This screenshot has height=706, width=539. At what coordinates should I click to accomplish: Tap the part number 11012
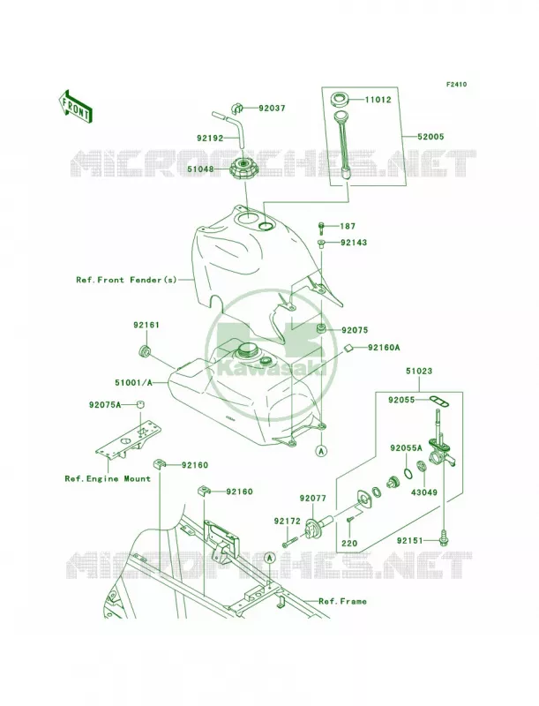(x=378, y=100)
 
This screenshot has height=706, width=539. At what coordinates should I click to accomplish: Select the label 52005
(x=430, y=136)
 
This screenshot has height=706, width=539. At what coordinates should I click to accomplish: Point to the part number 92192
(x=210, y=138)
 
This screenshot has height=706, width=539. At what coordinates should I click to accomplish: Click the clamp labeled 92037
(x=237, y=108)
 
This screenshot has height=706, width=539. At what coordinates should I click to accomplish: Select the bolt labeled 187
(x=322, y=228)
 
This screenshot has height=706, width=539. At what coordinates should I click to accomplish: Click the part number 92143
(x=354, y=242)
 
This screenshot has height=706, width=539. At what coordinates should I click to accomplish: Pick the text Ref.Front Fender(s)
(x=126, y=280)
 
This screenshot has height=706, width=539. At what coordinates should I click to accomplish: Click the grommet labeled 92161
(x=145, y=349)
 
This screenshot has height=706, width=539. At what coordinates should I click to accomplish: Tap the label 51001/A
(x=133, y=383)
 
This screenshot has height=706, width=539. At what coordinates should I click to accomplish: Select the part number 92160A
(x=384, y=347)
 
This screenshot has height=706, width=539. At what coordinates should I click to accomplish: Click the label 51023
(x=419, y=371)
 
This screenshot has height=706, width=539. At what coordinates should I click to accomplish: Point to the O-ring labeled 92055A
(x=407, y=473)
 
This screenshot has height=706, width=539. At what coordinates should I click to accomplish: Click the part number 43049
(x=423, y=492)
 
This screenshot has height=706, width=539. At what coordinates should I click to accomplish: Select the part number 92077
(x=313, y=498)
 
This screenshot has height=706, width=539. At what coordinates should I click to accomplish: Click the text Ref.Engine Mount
(x=108, y=478)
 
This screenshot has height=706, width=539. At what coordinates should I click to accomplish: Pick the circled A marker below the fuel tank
(x=322, y=450)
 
